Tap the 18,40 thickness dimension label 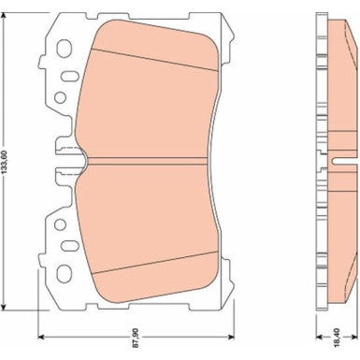click(337, 337)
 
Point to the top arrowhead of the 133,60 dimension click(4, 16)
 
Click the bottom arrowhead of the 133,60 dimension click(4, 307)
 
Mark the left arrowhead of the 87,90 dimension click(41, 337)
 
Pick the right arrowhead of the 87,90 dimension click(231, 337)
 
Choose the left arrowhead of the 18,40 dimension click(320, 337)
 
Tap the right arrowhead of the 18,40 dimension click(353, 337)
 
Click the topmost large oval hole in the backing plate click(65, 49)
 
